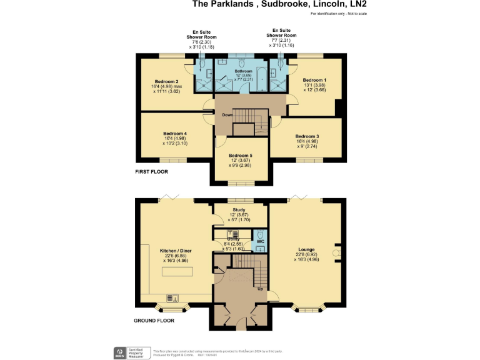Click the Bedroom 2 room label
[x=167, y=82]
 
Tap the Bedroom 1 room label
[x=314, y=80]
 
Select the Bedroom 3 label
[x=307, y=136]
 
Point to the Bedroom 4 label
[x=175, y=133]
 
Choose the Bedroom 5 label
[x=240, y=156]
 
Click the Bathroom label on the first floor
[x=243, y=71]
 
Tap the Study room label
[x=239, y=210]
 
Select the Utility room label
[x=233, y=238]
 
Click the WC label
[x=261, y=240]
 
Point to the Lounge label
[x=306, y=249]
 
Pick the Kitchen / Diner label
[x=176, y=251]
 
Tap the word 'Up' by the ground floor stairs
[x=259, y=289]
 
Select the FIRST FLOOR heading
[x=152, y=171]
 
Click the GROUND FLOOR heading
[x=154, y=321]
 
